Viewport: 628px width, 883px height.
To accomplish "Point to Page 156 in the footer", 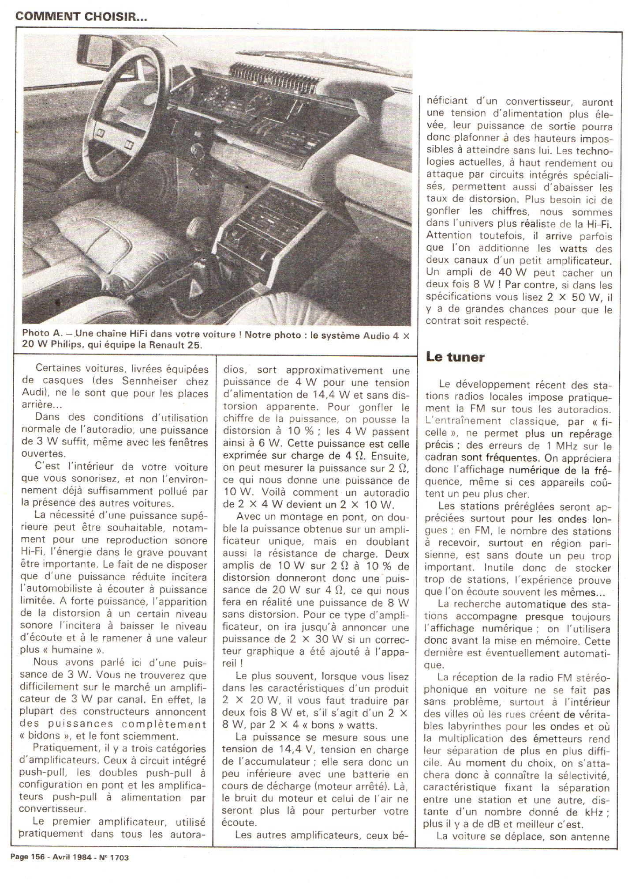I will pos(30,857).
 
